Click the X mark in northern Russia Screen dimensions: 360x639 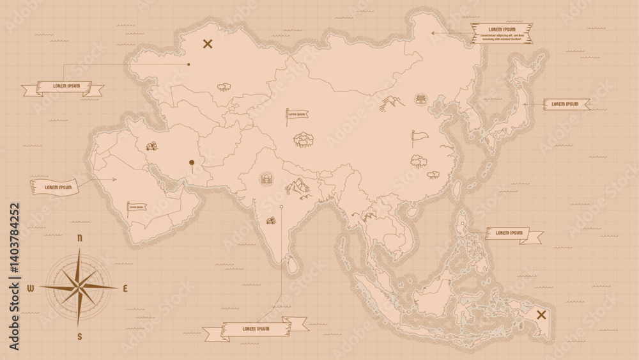[x=207, y=44]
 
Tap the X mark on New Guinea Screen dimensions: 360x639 [x=541, y=314]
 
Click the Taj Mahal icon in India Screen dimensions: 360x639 [x=266, y=178]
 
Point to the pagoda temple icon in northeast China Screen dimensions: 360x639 [x=421, y=98]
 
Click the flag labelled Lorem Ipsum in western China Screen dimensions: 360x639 [x=295, y=115]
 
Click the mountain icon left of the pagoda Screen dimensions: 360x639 [x=392, y=102]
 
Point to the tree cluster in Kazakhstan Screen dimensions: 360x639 [x=224, y=86]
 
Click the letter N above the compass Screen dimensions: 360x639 [x=80, y=238]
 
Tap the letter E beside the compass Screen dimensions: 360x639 [x=125, y=288]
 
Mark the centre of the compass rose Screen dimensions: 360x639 [x=79, y=287]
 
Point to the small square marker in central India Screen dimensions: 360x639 [x=281, y=207]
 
